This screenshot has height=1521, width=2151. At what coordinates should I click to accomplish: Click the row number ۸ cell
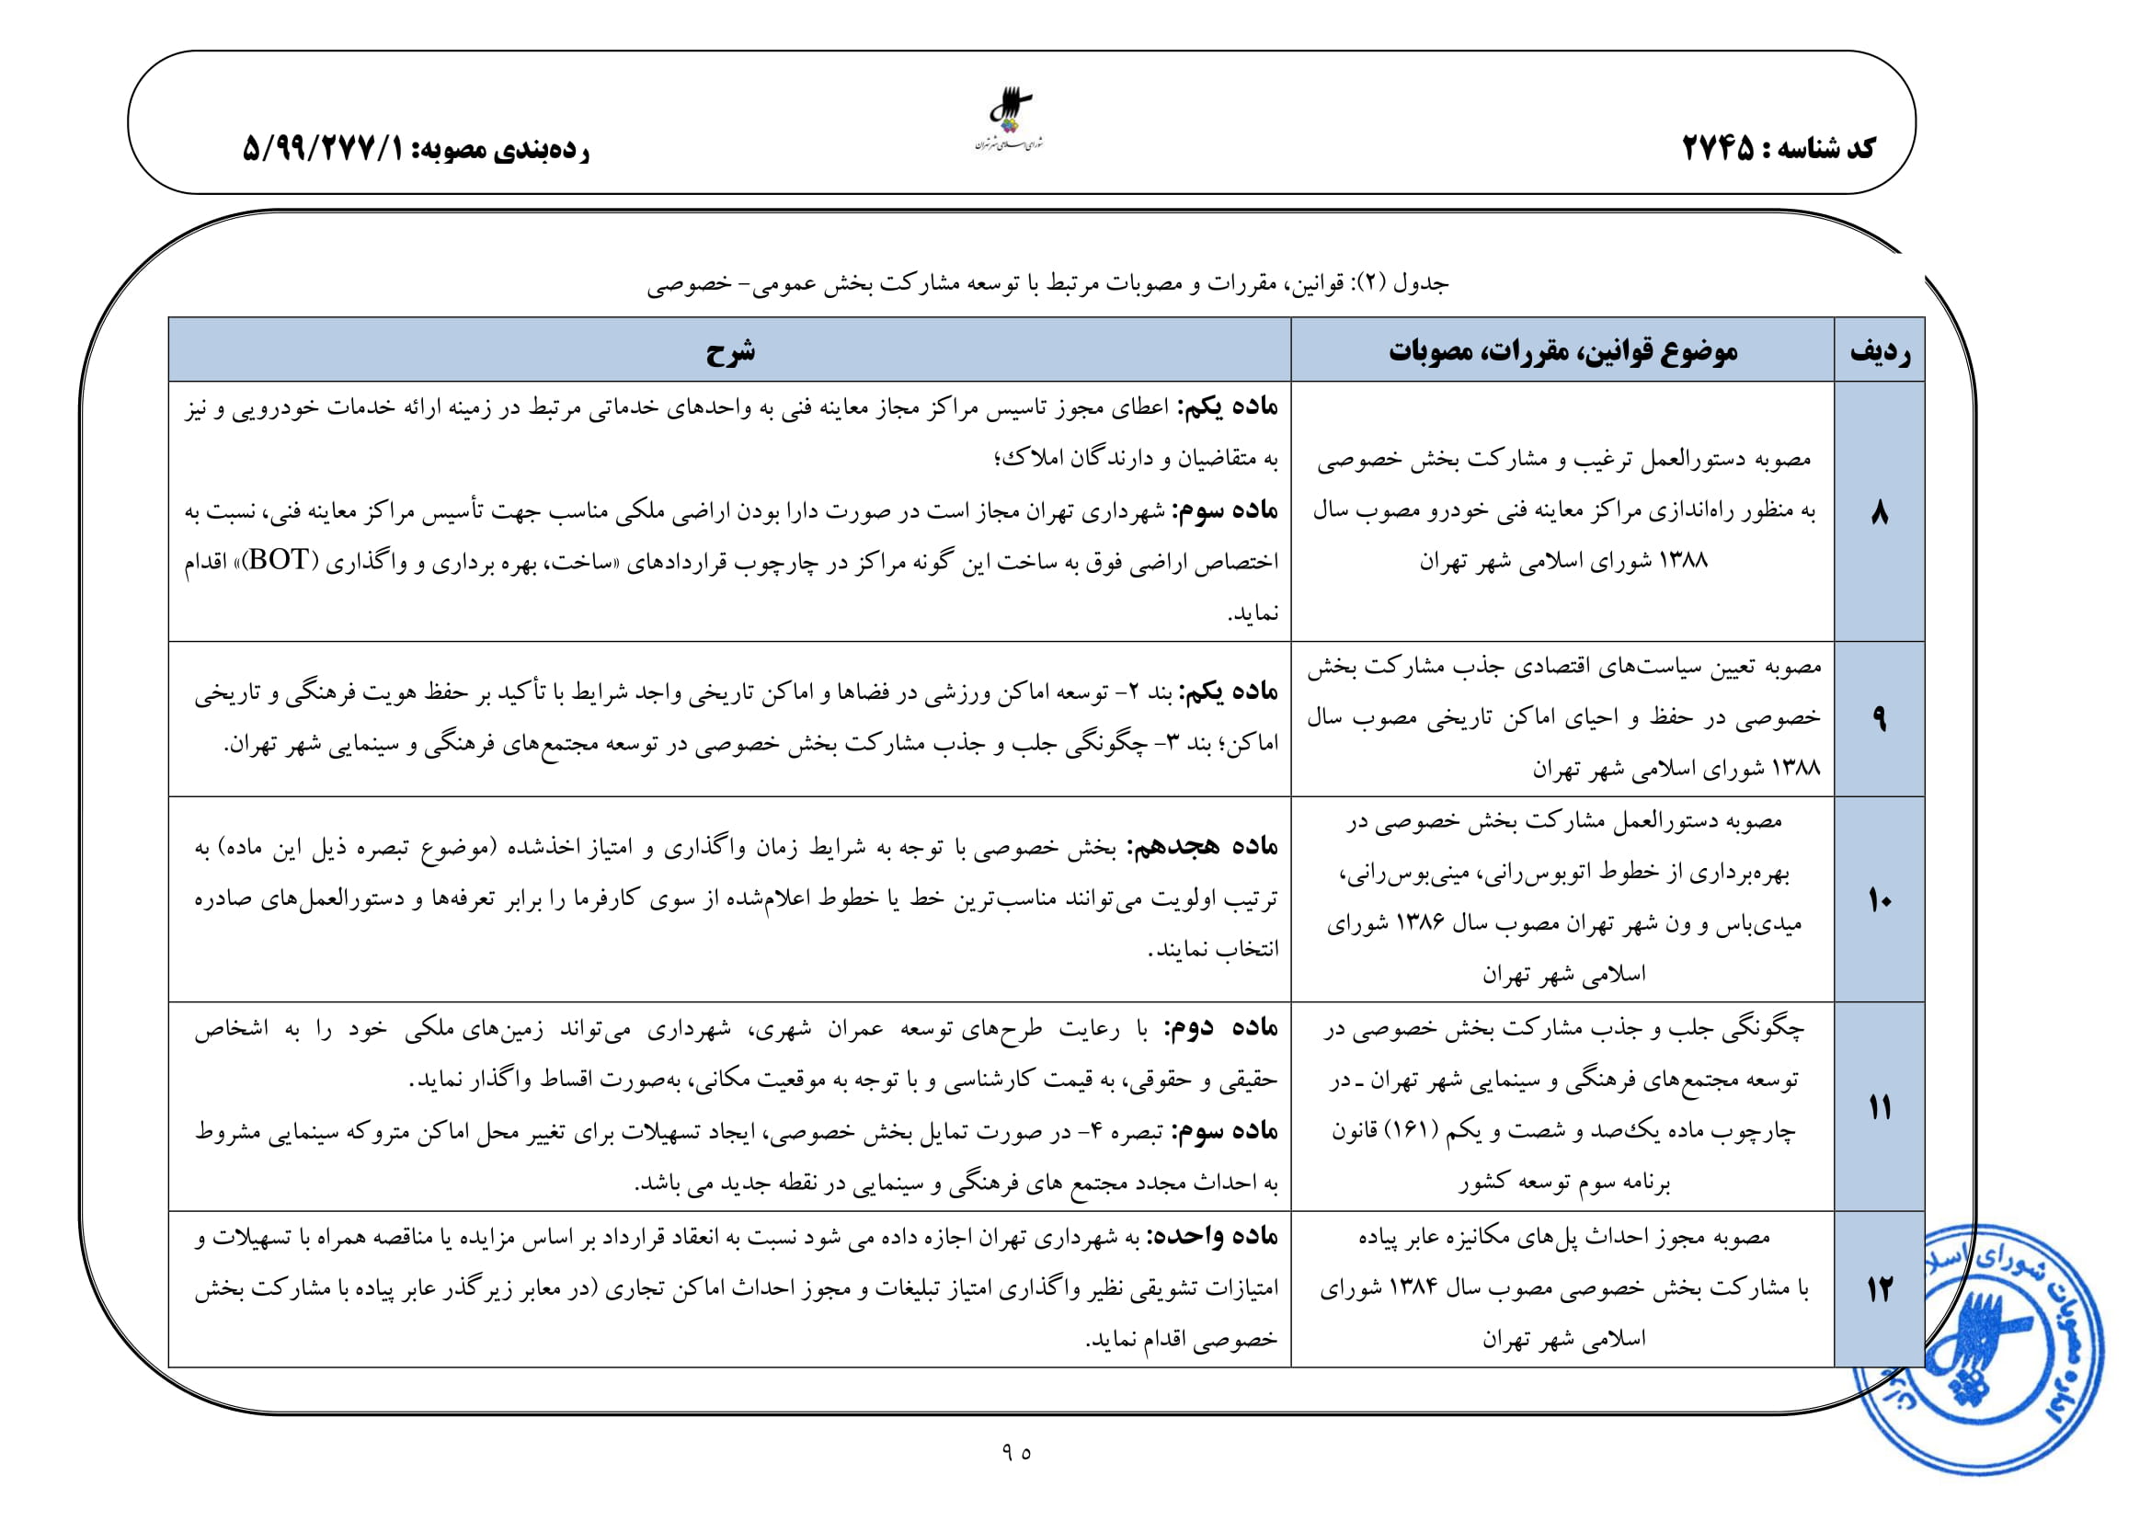pos(1879,512)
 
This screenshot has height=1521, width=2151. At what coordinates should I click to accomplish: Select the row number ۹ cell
pos(1879,719)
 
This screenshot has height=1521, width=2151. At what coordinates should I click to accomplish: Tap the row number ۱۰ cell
pos(1879,900)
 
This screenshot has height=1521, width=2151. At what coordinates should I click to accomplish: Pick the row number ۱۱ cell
pos(1879,1107)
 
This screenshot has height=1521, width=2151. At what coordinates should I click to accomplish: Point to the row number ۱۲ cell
pos(1879,1289)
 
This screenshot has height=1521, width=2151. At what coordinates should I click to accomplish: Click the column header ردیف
pos(1879,351)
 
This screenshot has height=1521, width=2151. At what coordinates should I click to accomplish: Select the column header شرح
pos(730,351)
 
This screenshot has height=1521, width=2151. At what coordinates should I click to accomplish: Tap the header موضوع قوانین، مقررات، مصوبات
pos(1562,351)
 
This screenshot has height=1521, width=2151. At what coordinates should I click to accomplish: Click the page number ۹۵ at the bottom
pos(1015,1452)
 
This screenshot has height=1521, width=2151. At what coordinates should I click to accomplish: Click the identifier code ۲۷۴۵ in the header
pos(1717,147)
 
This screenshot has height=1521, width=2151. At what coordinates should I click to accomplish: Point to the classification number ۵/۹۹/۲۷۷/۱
pos(322,148)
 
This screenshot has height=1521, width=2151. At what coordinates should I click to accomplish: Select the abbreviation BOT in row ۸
pos(279,560)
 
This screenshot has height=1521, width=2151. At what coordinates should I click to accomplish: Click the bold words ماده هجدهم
pos(1203,847)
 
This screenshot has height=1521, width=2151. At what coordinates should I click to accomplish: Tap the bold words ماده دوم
pos(1221,1027)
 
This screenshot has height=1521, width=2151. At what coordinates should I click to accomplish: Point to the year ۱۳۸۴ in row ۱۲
pos(1413,1287)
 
